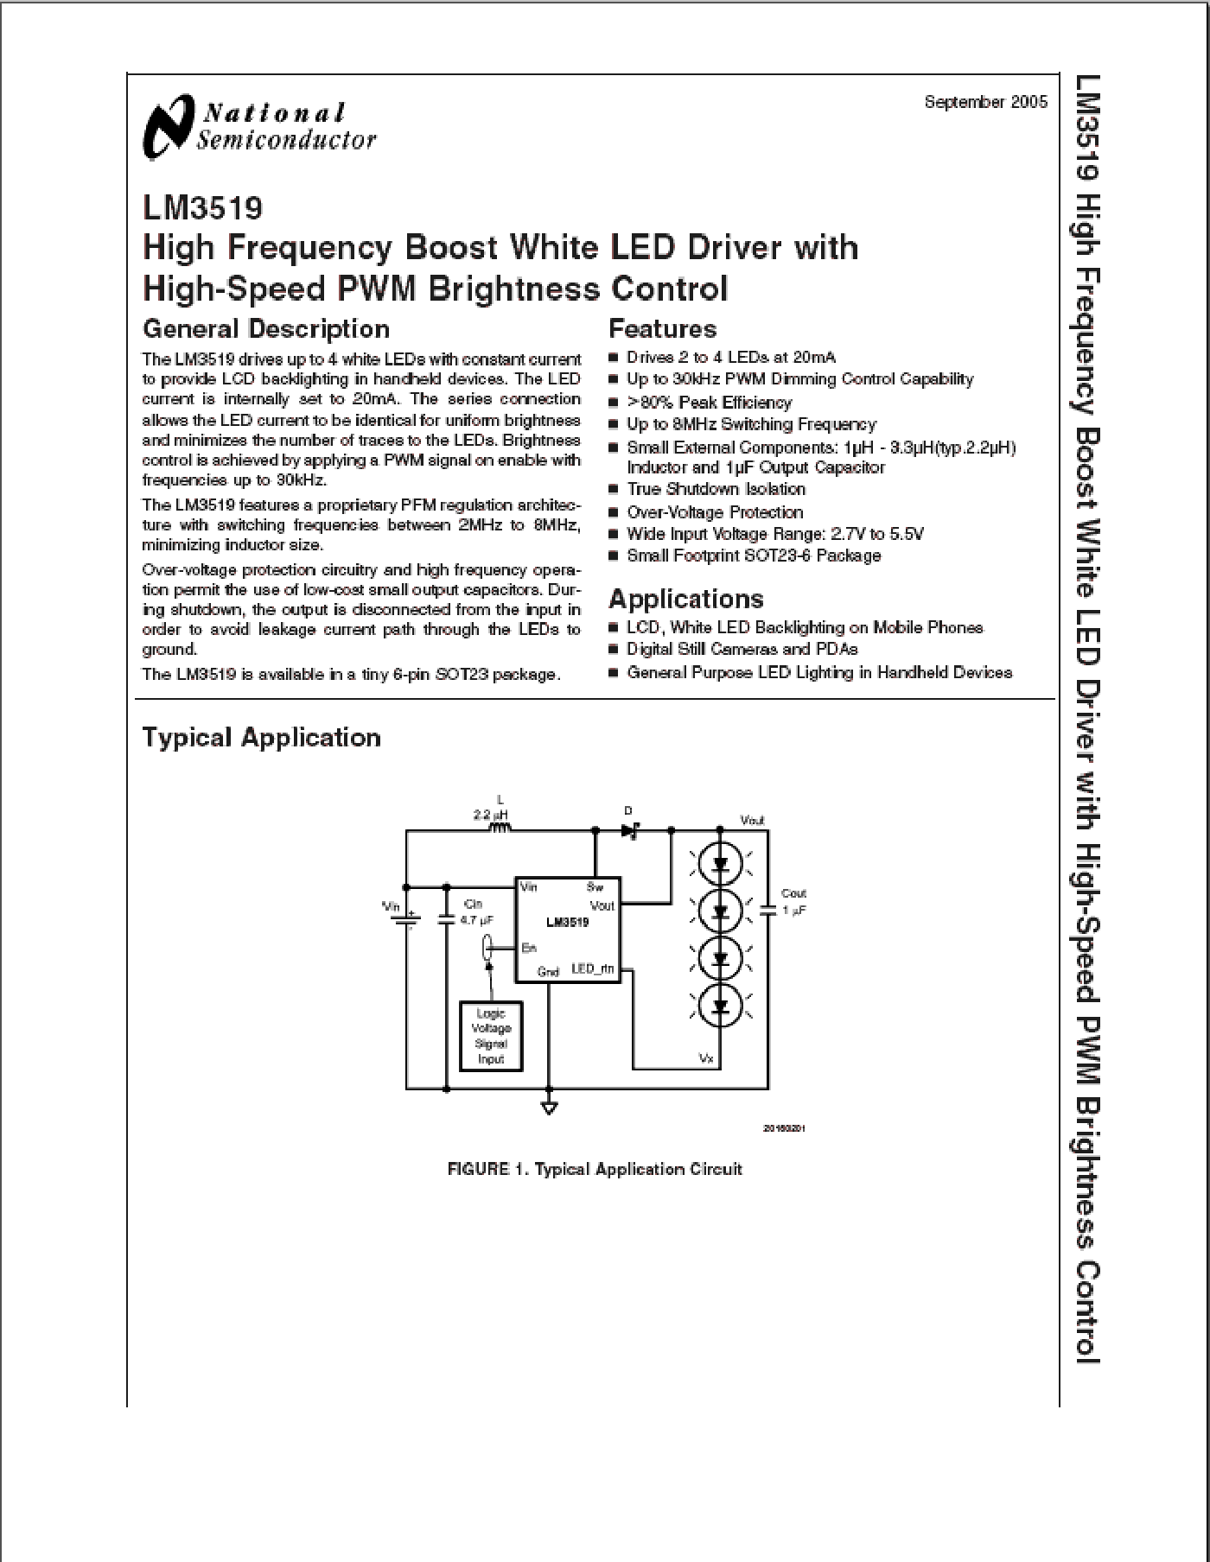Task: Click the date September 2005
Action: (985, 102)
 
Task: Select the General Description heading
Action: (265, 329)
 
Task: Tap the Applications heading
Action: (685, 599)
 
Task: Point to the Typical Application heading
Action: (261, 738)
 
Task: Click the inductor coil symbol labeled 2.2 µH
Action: (500, 829)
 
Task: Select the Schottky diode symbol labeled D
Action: (629, 830)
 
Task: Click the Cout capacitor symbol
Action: (767, 911)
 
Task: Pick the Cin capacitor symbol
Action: (446, 919)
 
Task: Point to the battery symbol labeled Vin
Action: (406, 919)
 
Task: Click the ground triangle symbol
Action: (548, 1108)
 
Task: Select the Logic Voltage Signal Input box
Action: (491, 1036)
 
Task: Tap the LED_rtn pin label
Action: (593, 969)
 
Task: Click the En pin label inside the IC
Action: (529, 949)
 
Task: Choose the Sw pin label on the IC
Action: (595, 887)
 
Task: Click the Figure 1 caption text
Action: (595, 1169)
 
